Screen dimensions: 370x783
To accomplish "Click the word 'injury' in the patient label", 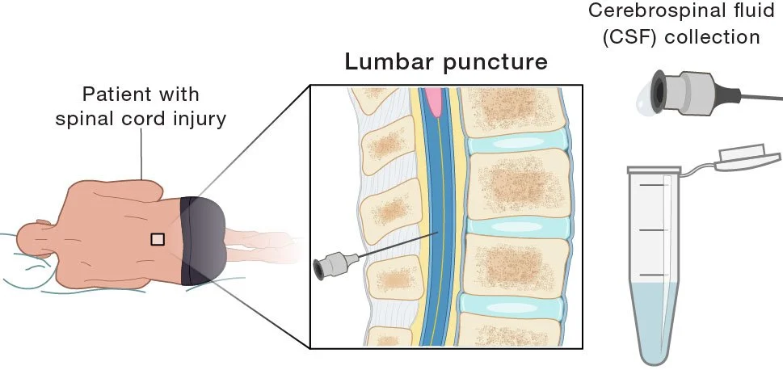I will pos(196,120).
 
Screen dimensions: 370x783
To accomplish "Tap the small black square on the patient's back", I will pos(158,238).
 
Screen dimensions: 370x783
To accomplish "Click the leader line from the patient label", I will pos(142,153).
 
